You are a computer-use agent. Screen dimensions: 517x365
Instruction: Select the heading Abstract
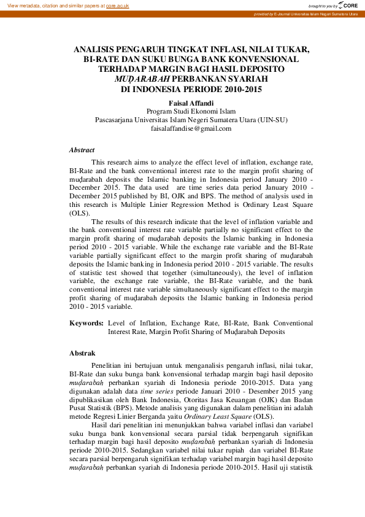[82, 150]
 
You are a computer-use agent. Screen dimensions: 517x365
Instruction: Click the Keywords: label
[86, 322]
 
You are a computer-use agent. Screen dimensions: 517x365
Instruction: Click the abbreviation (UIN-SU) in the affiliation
[272, 120]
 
